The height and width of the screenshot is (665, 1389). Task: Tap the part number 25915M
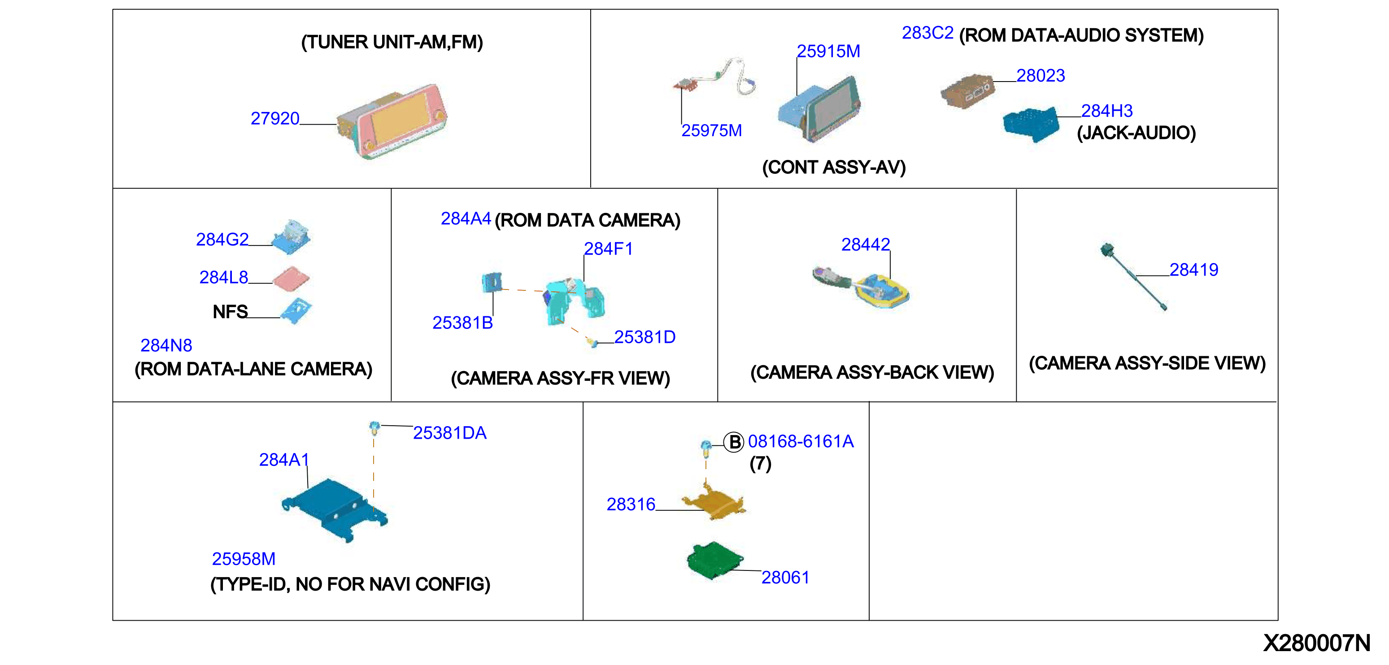[x=828, y=52]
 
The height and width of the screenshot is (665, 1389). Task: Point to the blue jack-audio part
[x=1031, y=125]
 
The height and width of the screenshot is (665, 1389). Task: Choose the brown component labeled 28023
[x=967, y=91]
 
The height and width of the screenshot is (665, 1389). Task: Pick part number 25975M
[x=712, y=131]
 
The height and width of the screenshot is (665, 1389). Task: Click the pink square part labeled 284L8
[x=291, y=279]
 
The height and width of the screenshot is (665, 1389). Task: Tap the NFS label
[x=230, y=312]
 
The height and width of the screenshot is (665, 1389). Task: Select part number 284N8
[x=166, y=345]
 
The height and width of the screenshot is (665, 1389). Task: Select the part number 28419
[x=1194, y=270]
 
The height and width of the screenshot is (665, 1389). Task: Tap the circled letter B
[x=733, y=442]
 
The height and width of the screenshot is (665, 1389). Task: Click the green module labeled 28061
[x=715, y=561]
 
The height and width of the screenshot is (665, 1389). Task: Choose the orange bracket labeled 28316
[x=714, y=502]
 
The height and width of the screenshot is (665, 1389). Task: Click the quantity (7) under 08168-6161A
[x=760, y=464]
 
